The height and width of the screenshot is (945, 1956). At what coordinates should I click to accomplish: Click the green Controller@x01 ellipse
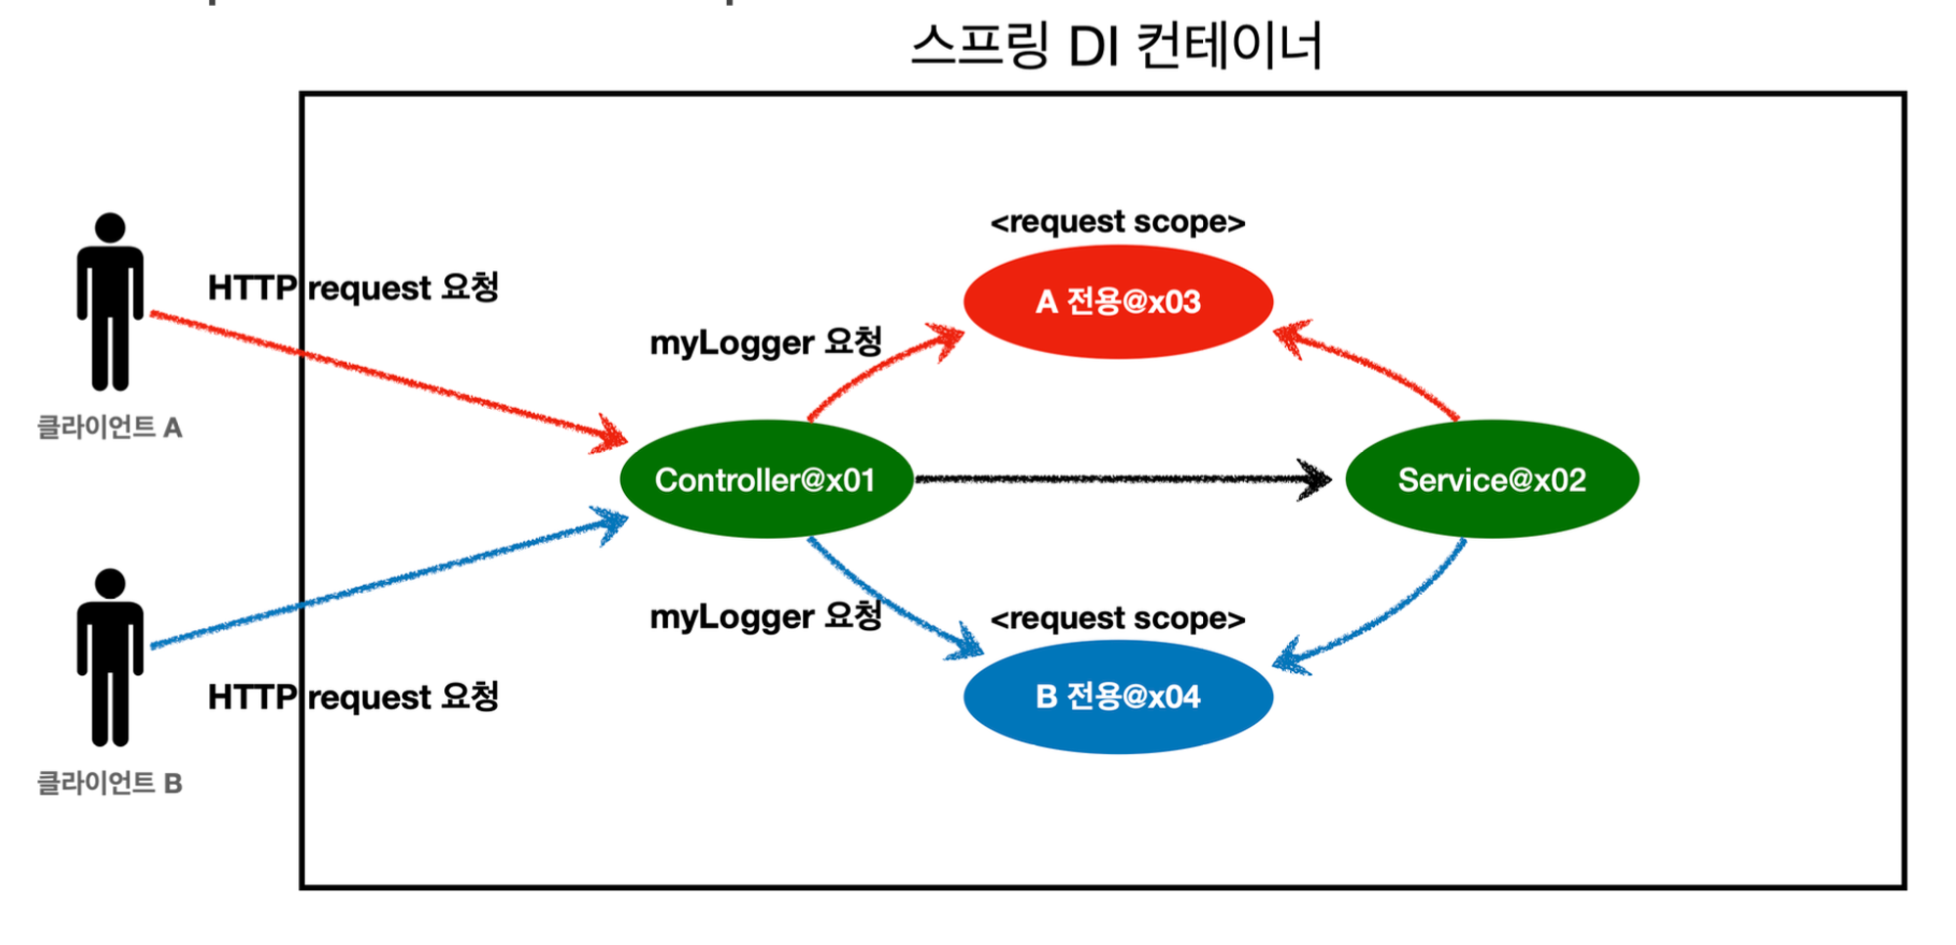coord(766,479)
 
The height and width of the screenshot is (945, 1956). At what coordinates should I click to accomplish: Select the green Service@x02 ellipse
coord(1491,479)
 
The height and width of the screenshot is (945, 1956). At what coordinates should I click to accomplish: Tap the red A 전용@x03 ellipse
coord(1118,301)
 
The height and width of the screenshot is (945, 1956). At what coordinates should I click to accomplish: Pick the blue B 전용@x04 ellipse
coord(1118,697)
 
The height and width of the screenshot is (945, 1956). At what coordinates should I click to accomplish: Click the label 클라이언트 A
coord(110,427)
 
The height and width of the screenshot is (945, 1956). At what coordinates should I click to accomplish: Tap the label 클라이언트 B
coord(110,784)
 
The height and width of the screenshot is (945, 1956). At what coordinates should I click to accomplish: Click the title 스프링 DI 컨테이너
coord(1116,46)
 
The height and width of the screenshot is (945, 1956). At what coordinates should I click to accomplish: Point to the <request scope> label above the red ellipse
coord(1118,222)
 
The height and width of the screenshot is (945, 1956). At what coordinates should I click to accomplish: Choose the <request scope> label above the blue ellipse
coord(1118,618)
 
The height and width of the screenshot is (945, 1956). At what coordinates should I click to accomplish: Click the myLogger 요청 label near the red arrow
coord(766,342)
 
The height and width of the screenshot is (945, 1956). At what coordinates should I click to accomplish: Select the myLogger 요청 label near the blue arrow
coord(766,616)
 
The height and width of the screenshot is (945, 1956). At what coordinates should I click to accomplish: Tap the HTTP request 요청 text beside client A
coord(353,288)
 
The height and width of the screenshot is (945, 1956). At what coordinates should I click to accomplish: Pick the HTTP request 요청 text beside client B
coord(353,697)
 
